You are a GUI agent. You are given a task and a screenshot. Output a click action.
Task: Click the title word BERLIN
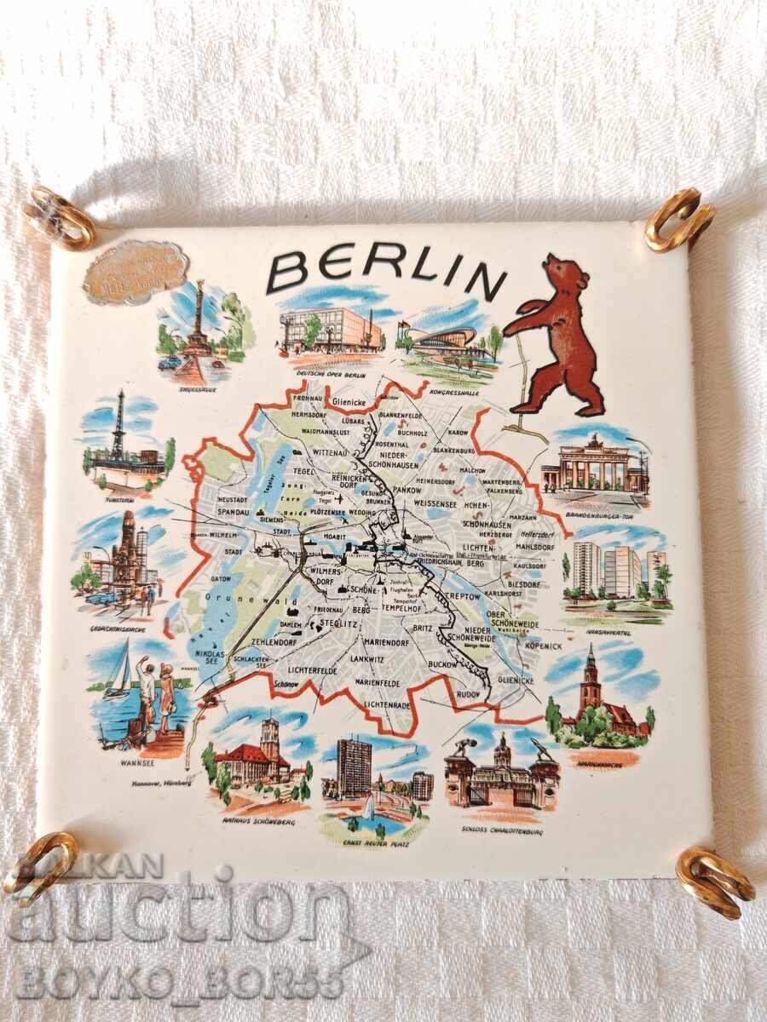[x=385, y=270]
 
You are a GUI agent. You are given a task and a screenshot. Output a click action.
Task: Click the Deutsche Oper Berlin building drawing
[x=331, y=328]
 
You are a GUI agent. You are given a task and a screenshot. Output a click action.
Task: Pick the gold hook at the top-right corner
[x=678, y=220]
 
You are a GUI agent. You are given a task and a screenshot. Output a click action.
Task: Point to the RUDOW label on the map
[x=469, y=692]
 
